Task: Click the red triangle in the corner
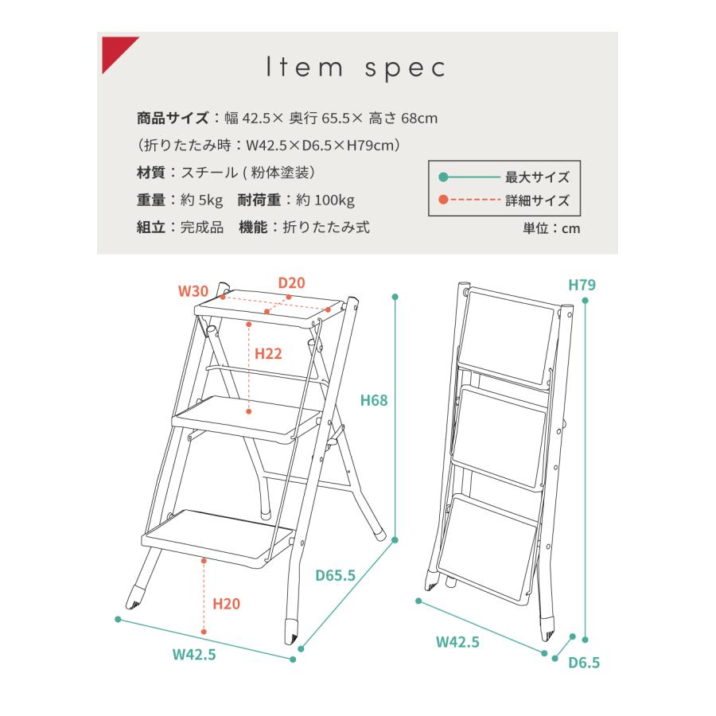click(x=114, y=49)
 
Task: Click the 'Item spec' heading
click(x=356, y=68)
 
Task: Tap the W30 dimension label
click(x=193, y=291)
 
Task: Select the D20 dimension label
click(x=291, y=282)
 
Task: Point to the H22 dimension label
click(x=268, y=353)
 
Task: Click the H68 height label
click(x=374, y=400)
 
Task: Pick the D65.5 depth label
click(x=335, y=575)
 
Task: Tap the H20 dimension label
click(x=226, y=604)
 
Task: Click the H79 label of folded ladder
click(x=582, y=285)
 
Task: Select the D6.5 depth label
click(x=584, y=662)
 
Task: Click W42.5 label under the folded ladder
click(x=457, y=642)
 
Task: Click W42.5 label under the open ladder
click(x=194, y=655)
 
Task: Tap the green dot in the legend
click(x=443, y=177)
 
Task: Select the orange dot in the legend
click(x=443, y=200)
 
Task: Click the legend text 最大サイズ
click(x=538, y=177)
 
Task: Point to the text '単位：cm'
click(x=551, y=228)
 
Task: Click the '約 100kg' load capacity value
click(x=325, y=200)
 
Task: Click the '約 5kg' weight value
click(x=201, y=200)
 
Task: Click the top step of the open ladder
click(x=270, y=308)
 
